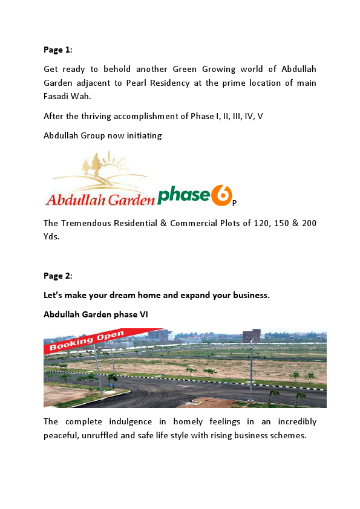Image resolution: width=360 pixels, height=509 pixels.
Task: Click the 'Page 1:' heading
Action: [57, 50]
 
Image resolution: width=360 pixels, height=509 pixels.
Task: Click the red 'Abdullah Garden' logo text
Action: [99, 198]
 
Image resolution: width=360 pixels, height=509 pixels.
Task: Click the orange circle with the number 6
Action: [222, 195]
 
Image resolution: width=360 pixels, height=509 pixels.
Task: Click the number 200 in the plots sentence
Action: [309, 223]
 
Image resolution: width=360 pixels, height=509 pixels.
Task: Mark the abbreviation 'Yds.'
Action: [51, 236]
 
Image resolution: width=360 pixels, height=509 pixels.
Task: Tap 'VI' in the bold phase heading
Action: [143, 314]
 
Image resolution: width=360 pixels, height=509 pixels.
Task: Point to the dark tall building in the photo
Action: [251, 336]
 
